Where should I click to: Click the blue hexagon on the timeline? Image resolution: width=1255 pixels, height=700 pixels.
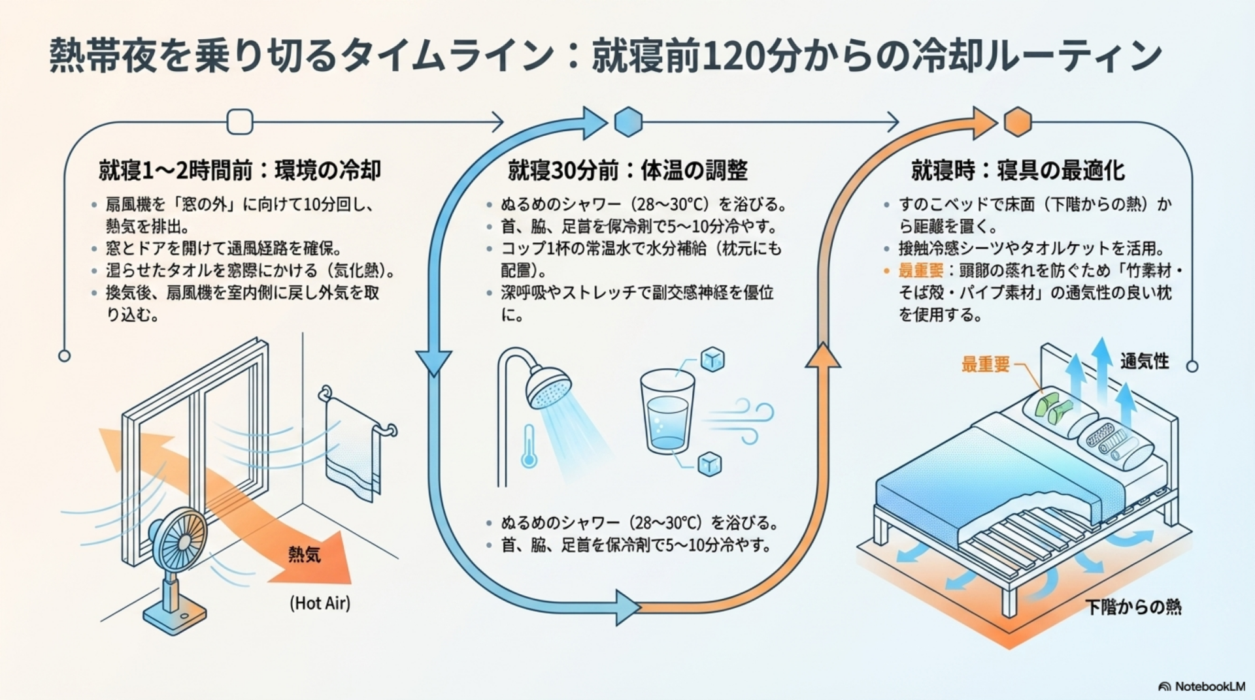[x=628, y=121]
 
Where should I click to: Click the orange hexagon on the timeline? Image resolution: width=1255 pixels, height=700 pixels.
[x=1018, y=121]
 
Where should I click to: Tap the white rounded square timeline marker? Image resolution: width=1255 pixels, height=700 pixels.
[x=240, y=121]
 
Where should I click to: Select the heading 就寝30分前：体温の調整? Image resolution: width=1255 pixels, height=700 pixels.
[x=627, y=170]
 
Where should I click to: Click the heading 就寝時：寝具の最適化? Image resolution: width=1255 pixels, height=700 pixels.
[x=1018, y=170]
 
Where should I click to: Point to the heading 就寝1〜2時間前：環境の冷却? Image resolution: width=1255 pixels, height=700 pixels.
[x=240, y=170]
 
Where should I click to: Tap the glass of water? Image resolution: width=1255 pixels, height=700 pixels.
[x=667, y=411]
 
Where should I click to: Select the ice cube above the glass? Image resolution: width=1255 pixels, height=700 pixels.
[x=712, y=359]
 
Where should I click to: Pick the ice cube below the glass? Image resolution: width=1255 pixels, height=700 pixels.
[x=709, y=464]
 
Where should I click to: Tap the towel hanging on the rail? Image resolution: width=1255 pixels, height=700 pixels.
[x=353, y=451]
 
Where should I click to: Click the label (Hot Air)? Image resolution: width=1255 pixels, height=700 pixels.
[x=320, y=603]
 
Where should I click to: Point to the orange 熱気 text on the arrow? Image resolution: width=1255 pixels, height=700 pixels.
[x=305, y=555]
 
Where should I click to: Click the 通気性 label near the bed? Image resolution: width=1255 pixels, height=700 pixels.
[x=1145, y=361]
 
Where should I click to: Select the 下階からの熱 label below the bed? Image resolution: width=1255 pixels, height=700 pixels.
[x=1133, y=607]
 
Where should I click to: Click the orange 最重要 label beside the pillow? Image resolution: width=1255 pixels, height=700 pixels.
[x=985, y=364]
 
